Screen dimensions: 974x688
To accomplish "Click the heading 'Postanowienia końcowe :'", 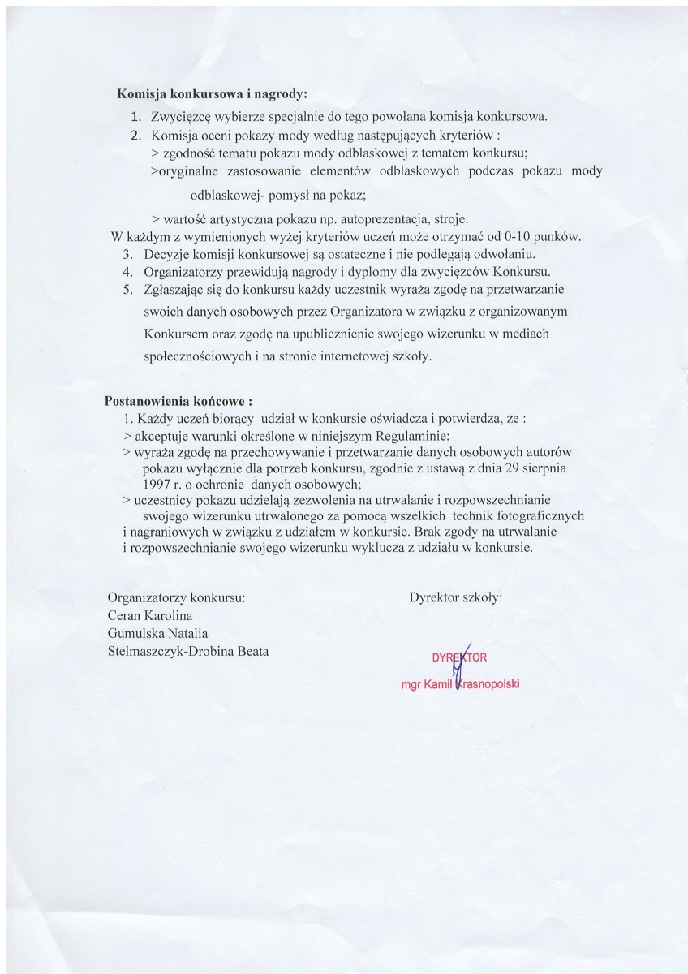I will tap(178, 401).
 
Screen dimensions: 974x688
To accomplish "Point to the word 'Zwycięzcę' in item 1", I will tap(179, 115).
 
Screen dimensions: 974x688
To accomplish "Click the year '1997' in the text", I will tap(157, 485).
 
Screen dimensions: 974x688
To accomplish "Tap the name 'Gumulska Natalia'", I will tap(158, 633).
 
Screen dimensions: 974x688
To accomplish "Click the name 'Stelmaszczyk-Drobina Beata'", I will tap(187, 651).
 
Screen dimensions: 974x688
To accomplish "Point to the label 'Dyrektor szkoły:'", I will tap(456, 597).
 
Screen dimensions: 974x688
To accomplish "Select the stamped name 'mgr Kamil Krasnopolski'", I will tap(460, 684).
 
